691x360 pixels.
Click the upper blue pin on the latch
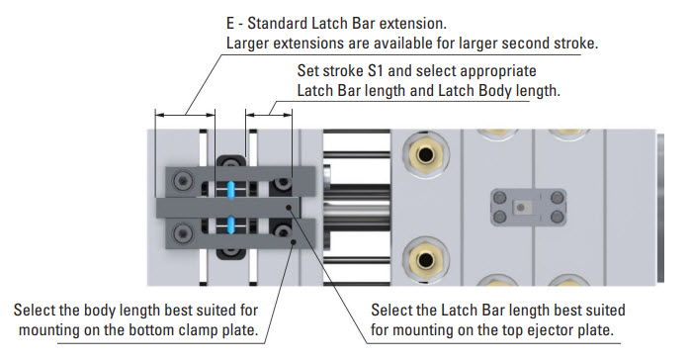coord(230,190)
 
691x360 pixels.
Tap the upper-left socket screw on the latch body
coord(182,180)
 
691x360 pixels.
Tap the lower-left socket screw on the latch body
coord(182,232)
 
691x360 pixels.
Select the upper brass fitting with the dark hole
coord(426,155)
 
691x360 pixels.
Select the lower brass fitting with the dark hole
coord(426,259)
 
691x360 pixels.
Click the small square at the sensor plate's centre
coord(521,207)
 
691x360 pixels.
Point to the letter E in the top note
coord(230,24)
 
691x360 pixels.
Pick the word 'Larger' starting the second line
coord(248,44)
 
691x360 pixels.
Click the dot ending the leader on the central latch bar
coord(289,207)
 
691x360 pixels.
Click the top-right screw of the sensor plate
coord(557,197)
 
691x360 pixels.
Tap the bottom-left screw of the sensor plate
coord(499,217)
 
